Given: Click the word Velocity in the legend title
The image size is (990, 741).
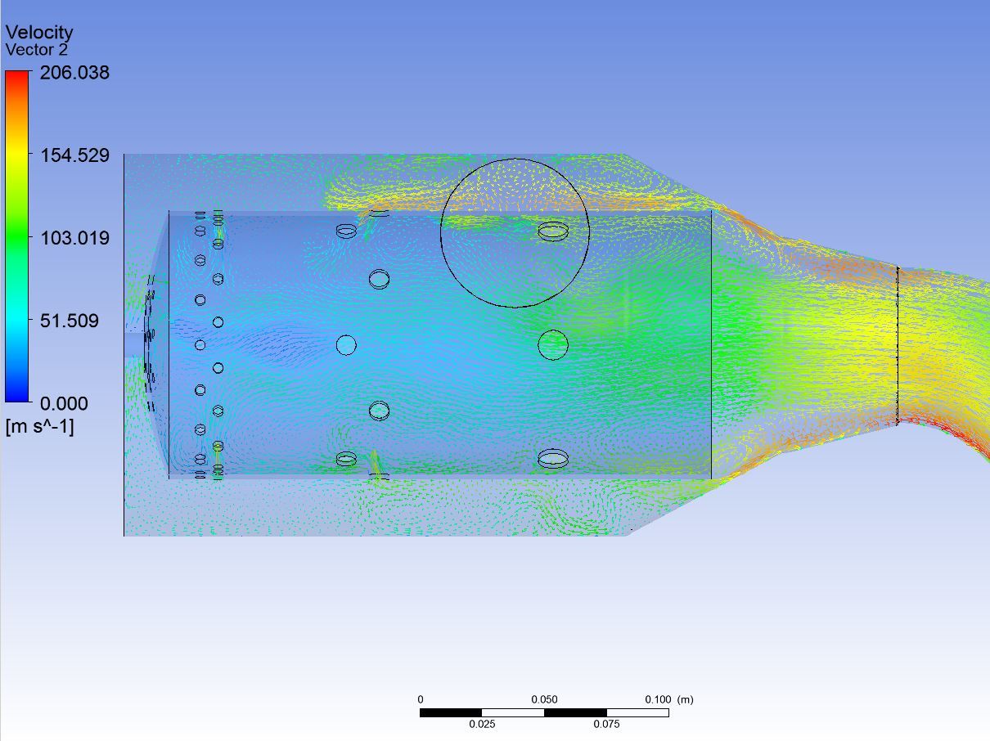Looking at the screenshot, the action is pos(39,33).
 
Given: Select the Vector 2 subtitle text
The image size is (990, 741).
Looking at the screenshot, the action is pos(37,50).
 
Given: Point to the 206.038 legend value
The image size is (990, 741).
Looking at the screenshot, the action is pos(74,73).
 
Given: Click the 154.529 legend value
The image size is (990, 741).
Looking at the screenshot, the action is pos(75,155).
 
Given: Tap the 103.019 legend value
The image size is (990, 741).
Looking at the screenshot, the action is pos(75,238).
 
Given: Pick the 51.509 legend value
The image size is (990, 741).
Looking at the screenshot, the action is pos(69,321).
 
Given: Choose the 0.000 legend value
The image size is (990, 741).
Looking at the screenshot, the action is pos(64,403).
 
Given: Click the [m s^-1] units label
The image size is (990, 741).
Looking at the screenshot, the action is pos(40,426).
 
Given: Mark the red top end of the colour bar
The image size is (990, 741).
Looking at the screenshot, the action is pos(16,74).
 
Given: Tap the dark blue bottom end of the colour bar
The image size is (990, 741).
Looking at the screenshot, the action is pos(16,398).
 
